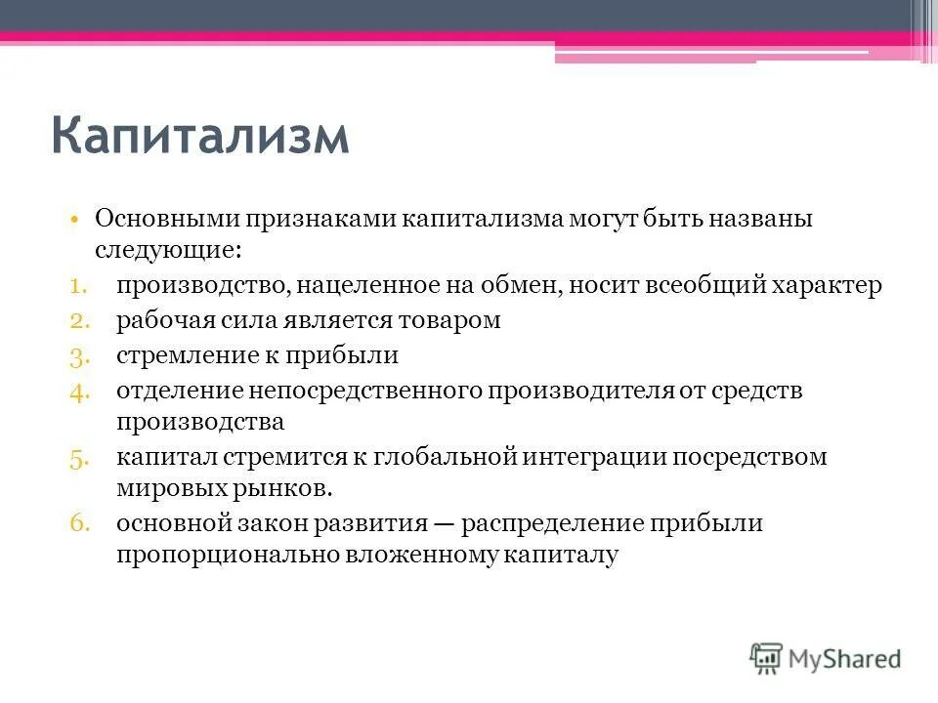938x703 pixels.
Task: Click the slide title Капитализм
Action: (199, 134)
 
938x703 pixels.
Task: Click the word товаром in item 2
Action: (451, 320)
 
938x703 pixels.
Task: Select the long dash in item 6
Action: (445, 523)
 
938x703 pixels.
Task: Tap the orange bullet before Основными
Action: (74, 219)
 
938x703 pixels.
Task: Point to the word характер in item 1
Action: (826, 286)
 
